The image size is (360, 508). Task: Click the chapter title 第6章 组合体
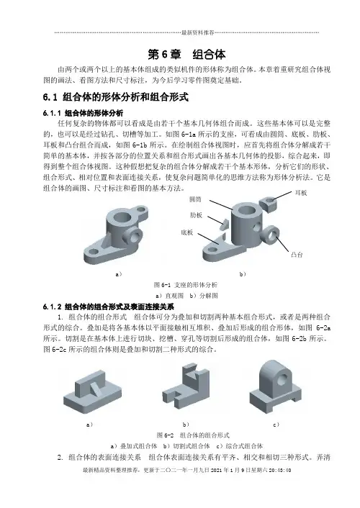coord(186,55)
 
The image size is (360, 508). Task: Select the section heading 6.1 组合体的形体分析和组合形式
coord(116,97)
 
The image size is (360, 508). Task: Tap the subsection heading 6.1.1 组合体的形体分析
coord(83,113)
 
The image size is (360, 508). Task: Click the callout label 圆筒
coord(195,199)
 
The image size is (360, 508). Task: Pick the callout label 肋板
coord(196,215)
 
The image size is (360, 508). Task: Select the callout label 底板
coord(186,232)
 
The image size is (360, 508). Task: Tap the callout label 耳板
coord(301,193)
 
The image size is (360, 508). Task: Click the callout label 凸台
coord(297,255)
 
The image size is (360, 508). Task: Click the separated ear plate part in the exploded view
coord(269,204)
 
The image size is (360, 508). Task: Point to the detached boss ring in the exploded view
coord(271,235)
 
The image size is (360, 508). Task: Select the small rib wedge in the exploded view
coord(223,224)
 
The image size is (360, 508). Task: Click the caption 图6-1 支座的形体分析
coord(186,285)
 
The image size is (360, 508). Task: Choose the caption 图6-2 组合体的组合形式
coord(193,435)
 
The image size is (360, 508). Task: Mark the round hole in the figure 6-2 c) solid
coord(282,378)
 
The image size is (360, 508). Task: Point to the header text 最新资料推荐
coord(198,32)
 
